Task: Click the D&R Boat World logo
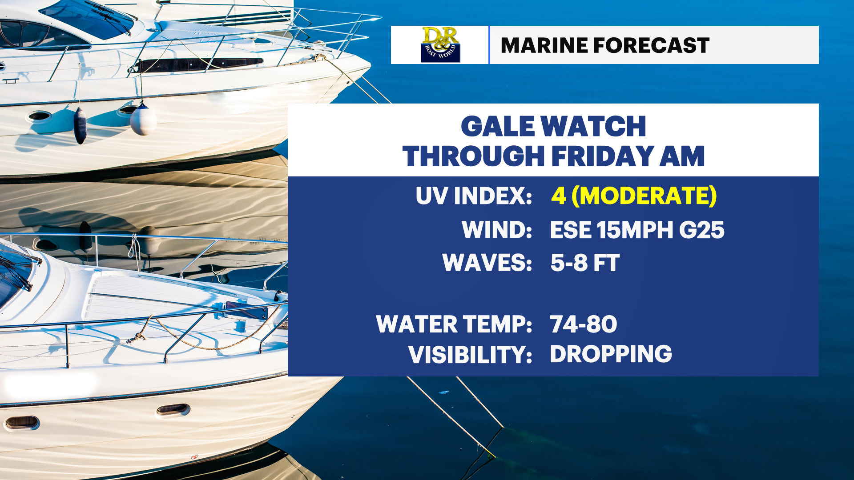point(440,44)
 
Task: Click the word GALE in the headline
point(498,126)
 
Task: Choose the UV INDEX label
point(474,196)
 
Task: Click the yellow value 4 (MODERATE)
point(634,196)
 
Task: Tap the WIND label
point(497,230)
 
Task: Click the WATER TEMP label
point(454,324)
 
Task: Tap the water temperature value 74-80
point(584,324)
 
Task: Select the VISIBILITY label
point(470,355)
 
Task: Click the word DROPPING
point(611,354)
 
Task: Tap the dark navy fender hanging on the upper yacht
point(80,126)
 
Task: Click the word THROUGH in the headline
point(474,156)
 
